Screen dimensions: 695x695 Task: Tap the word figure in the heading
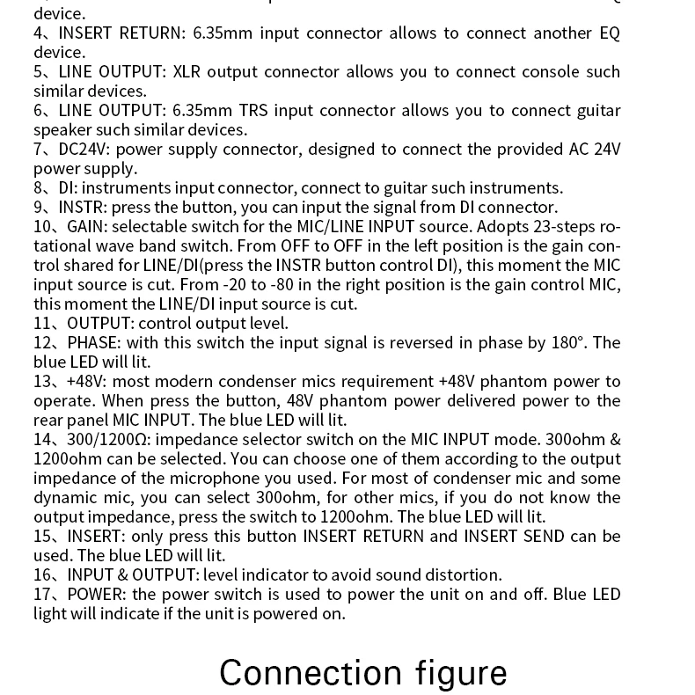[x=460, y=672]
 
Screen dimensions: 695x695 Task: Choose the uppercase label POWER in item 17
[x=96, y=594]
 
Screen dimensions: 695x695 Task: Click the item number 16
[x=44, y=574]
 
